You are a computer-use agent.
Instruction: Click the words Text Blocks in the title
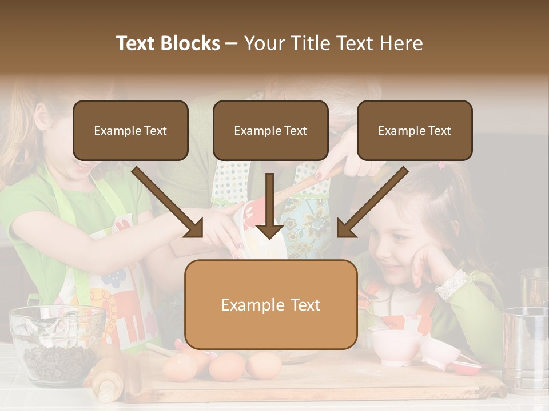point(168,43)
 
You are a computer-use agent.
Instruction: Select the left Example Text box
point(130,131)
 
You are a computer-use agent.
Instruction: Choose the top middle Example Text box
point(270,131)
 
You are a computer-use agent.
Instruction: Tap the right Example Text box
point(415,131)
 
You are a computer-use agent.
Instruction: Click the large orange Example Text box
point(270,305)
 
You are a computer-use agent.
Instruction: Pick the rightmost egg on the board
point(263,365)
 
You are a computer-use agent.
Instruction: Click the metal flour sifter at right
point(526,348)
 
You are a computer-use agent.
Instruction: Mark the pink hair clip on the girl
point(441,166)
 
